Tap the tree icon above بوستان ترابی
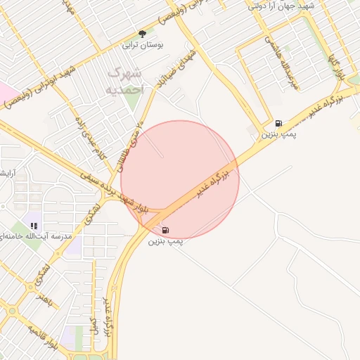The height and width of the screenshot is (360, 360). click(143, 34)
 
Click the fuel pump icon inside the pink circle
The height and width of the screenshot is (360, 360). click(165, 229)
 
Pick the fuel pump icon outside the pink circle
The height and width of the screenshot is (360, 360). click(279, 123)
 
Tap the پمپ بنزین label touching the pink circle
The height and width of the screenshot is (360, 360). click(165, 240)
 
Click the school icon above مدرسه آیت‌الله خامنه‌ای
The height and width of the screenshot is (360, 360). click(33, 226)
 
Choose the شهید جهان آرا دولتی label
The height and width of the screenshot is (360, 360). click(285, 6)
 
